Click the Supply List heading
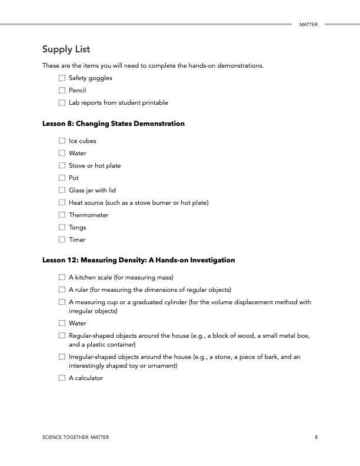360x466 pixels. (x=66, y=49)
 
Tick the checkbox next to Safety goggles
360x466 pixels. (x=62, y=78)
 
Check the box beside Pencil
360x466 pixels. (x=62, y=91)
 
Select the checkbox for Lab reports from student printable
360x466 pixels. (x=62, y=103)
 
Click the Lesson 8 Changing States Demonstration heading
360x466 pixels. (x=114, y=124)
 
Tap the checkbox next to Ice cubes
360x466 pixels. (x=62, y=141)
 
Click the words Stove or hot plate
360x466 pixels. (x=95, y=166)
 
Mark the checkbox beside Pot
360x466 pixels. (x=62, y=178)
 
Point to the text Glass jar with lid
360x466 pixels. (x=92, y=191)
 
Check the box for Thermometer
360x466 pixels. (x=62, y=215)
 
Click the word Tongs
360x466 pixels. (x=78, y=228)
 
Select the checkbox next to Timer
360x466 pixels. (x=62, y=240)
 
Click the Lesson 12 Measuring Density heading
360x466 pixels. (x=139, y=260)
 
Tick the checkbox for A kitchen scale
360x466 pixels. (x=62, y=277)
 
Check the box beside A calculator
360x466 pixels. (x=62, y=378)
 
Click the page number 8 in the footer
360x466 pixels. (x=316, y=437)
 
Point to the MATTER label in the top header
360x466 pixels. (x=308, y=25)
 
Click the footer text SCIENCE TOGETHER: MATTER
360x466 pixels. (x=75, y=437)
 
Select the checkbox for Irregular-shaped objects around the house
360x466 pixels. (x=62, y=357)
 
